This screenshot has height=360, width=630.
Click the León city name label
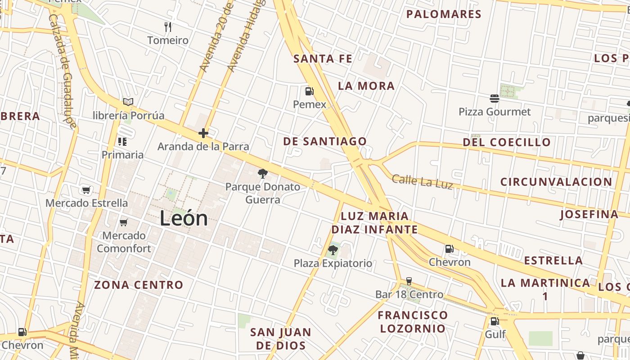coord(184,219)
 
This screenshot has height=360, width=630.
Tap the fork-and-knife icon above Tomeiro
coord(168,27)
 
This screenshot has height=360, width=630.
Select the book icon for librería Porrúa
coord(128,102)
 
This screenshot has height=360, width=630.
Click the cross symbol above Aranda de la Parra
coord(203,133)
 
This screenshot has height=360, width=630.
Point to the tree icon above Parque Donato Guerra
coord(262,174)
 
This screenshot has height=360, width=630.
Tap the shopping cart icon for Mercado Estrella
coord(86,190)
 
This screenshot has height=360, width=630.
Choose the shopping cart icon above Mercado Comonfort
coord(124,222)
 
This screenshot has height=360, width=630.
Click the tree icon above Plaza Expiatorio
coord(333,250)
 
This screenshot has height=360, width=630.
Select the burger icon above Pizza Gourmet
coord(495,99)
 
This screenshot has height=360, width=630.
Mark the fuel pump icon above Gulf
coord(495,321)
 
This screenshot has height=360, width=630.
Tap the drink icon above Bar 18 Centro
coord(409,281)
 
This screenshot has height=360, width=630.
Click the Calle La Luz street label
coord(422,182)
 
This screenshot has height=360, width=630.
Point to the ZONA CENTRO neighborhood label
coord(139,285)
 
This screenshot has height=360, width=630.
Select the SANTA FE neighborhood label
coord(323,58)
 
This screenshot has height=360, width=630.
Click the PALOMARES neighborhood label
coord(444,14)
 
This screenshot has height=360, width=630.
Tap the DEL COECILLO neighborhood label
coord(507,142)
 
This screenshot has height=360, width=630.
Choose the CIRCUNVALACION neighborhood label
coord(556,182)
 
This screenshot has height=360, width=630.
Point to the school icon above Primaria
coord(122,142)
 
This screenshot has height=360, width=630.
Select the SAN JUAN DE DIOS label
coord(281,339)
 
